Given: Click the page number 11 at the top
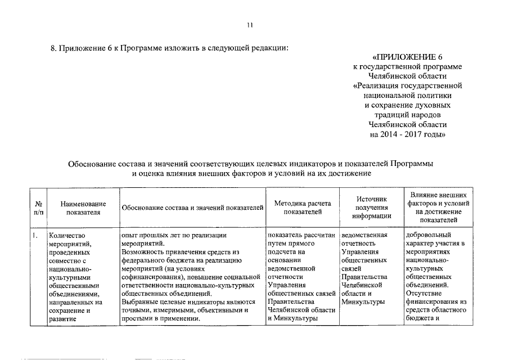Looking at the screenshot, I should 250,25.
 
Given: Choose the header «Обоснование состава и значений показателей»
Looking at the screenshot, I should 192,208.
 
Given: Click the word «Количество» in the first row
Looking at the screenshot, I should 66,236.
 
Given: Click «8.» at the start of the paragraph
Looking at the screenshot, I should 55,47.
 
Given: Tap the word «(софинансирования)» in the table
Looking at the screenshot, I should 152,277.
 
